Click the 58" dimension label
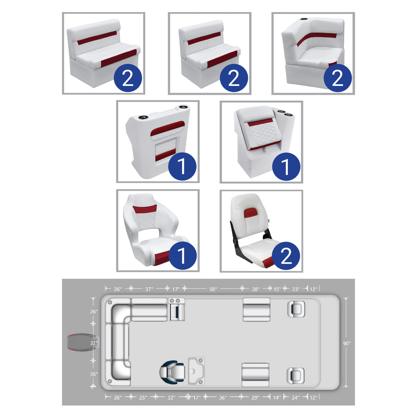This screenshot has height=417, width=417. click(x=213, y=289)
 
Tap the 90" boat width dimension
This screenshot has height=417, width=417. click(x=347, y=343)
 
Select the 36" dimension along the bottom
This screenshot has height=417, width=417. click(x=223, y=397)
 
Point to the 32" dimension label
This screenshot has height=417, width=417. click(x=171, y=397)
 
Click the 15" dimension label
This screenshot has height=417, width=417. click(x=277, y=289)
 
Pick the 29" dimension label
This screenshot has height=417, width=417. click(x=255, y=397)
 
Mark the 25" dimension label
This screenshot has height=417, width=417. click(x=143, y=397)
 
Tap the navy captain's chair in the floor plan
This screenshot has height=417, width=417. click(x=172, y=371)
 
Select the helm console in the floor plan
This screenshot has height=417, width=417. click(x=196, y=371)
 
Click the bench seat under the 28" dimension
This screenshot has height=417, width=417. click(x=256, y=309)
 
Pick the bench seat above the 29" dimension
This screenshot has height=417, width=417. click(x=255, y=374)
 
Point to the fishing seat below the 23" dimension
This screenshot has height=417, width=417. click(x=296, y=309)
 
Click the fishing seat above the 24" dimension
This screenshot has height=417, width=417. click(x=295, y=375)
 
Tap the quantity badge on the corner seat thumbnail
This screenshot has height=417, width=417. click(x=337, y=78)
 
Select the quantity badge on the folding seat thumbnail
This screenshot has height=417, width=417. click(x=286, y=256)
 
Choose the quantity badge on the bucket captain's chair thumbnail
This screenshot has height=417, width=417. click(x=182, y=256)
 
